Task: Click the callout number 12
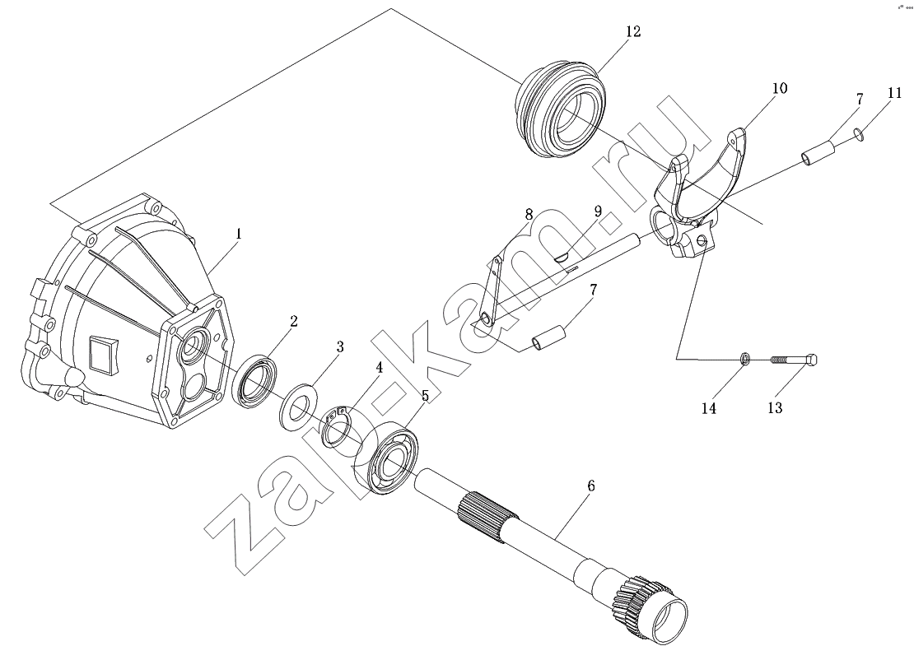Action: click(633, 31)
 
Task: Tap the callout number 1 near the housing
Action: click(239, 234)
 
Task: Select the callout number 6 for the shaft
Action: click(590, 486)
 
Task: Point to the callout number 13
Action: click(775, 407)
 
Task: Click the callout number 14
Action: click(708, 408)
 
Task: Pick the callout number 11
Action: click(895, 93)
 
